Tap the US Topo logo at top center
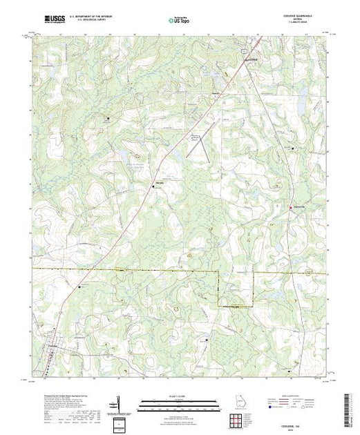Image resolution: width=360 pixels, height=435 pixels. click(x=180, y=21)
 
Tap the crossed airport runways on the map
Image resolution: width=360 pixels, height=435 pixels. click(x=198, y=141)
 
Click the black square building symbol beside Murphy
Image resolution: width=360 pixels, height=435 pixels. click(x=153, y=185)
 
